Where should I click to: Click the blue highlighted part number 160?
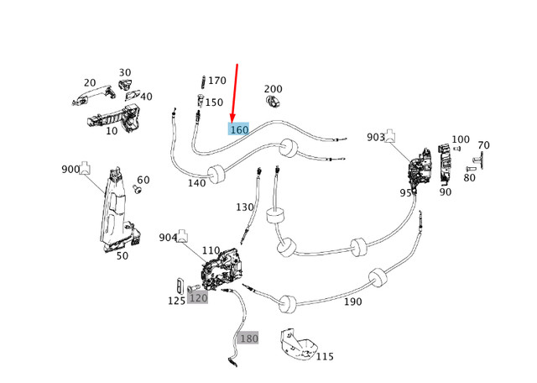[239, 129]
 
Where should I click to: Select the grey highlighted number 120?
[198, 297]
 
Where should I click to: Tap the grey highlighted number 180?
[249, 338]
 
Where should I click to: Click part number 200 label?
[274, 89]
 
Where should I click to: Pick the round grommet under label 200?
[274, 102]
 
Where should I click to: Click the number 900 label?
[70, 169]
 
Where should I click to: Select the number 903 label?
[376, 137]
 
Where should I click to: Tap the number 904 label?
[169, 238]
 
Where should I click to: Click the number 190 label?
[353, 301]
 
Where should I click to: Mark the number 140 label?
[196, 183]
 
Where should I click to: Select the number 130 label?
[244, 207]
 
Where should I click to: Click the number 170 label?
[216, 81]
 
